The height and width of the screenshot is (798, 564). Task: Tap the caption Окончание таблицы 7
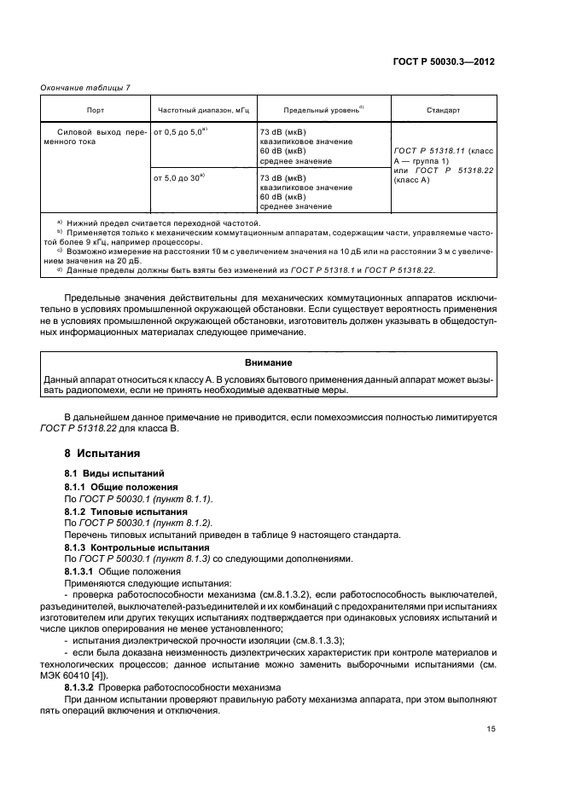(x=81, y=88)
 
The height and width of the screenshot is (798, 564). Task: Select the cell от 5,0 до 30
(x=179, y=177)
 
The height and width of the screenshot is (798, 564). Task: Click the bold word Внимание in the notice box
(x=269, y=362)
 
